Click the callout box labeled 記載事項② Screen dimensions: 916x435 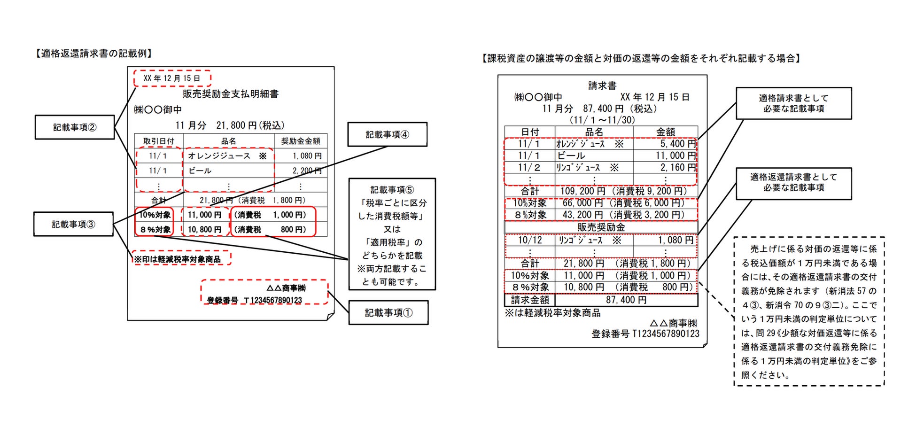[x=75, y=127]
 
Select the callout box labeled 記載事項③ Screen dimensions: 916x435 [x=73, y=224]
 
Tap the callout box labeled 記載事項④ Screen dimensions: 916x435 [x=387, y=135]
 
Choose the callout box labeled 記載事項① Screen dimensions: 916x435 [x=388, y=312]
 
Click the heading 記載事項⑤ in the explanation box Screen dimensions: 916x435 [x=392, y=190]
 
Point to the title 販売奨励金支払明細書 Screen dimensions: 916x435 [x=230, y=94]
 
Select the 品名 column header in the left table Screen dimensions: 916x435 [x=229, y=141]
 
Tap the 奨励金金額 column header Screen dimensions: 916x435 [x=301, y=141]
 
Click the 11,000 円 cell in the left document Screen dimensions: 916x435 [x=204, y=215]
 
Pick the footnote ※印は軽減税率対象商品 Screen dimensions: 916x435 [x=177, y=259]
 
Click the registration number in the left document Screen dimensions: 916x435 [x=255, y=300]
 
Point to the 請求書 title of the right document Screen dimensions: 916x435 [x=602, y=85]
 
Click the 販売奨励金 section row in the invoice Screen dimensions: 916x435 [x=601, y=227]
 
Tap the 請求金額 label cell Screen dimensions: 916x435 [x=530, y=300]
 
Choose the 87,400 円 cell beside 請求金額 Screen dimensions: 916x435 [x=626, y=300]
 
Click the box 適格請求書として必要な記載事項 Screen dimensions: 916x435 [x=793, y=103]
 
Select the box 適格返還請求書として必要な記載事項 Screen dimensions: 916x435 [x=793, y=182]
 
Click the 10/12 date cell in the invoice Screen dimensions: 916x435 [x=529, y=240]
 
